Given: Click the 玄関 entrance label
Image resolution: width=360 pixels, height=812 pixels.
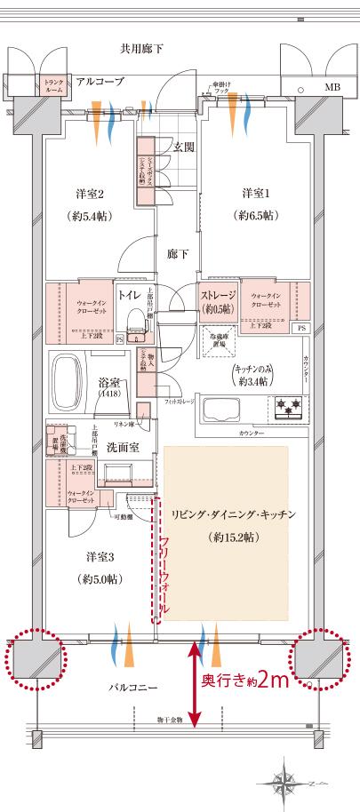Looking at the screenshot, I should click(x=184, y=146).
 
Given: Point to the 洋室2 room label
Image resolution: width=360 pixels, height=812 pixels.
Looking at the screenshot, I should click(x=90, y=195).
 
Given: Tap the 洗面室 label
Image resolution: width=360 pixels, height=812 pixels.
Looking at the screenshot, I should click(x=123, y=447).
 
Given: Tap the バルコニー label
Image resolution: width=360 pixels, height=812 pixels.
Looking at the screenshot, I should click(x=133, y=687).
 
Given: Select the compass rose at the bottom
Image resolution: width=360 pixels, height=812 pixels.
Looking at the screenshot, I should click(x=284, y=781).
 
